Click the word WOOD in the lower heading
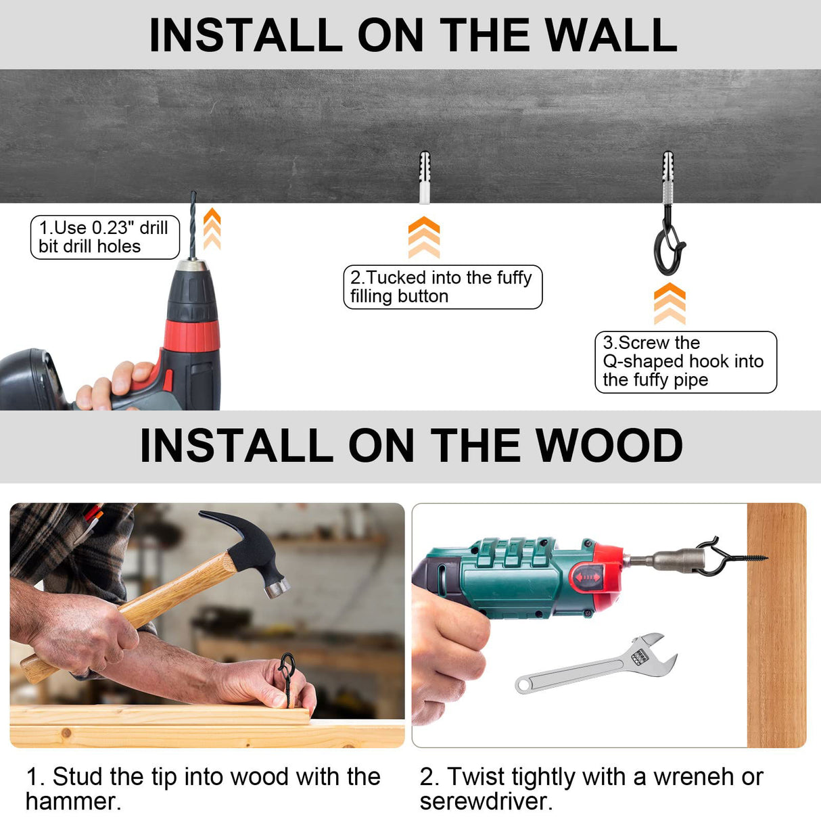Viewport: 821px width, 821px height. pos(609,445)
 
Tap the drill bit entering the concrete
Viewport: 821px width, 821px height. pos(193,225)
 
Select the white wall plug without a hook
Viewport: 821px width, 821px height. pos(424,177)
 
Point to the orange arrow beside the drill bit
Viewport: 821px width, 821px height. pos(212,229)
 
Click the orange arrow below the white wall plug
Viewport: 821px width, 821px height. pos(423,237)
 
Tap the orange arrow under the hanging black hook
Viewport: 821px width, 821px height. pos(670,304)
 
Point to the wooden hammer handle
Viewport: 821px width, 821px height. pos(128,617)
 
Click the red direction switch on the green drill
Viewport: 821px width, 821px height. pos(588,578)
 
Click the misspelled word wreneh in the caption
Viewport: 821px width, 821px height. pos(693,776)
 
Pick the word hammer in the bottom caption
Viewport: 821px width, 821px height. pos(73,801)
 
